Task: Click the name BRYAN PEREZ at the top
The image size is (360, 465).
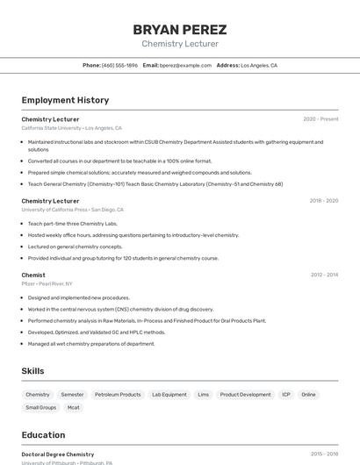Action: point(179,29)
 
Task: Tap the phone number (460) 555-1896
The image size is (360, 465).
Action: point(119,65)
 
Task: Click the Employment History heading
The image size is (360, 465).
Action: point(65,100)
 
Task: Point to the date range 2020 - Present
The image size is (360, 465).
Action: point(320,118)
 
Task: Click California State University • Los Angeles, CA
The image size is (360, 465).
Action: point(71,128)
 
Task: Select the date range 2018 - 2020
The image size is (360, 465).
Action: point(323,201)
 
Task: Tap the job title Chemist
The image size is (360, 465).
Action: point(33,275)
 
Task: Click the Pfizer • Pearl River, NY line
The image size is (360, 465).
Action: point(47,284)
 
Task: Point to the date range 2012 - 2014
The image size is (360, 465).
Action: point(323,275)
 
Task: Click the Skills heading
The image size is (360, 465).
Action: point(32,371)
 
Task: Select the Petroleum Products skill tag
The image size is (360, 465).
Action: point(118,395)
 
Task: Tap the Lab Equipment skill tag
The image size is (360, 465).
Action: point(169,395)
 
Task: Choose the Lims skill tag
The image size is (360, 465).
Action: point(203,395)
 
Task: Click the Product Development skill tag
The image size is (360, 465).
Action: point(245,395)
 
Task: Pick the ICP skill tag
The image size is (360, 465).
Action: point(286,395)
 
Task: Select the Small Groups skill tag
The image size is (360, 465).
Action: point(40,407)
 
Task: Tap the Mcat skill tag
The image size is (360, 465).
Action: point(74,407)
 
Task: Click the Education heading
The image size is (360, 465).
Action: point(43,435)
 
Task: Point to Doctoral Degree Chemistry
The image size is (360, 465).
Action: point(57,454)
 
